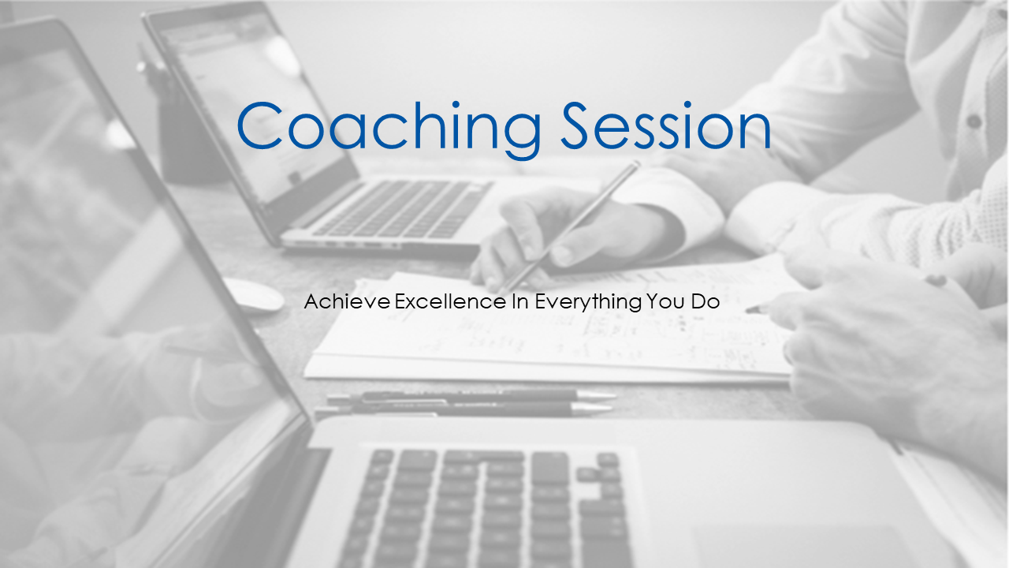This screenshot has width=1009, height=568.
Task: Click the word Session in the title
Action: [666, 125]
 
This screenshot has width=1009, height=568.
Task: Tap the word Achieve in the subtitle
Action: [347, 301]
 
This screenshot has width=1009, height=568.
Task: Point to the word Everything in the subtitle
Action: [588, 302]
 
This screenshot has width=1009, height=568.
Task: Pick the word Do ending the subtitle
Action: [706, 301]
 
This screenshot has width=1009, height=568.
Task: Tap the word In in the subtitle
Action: [520, 301]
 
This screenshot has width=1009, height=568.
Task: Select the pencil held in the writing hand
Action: [570, 226]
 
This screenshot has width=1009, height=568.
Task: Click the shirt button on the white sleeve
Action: [974, 121]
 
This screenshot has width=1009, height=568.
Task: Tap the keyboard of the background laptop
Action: [401, 208]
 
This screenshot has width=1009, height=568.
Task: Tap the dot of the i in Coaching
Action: [456, 105]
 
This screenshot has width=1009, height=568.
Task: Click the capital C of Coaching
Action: [259, 125]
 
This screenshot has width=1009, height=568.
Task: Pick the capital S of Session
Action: [575, 125]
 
